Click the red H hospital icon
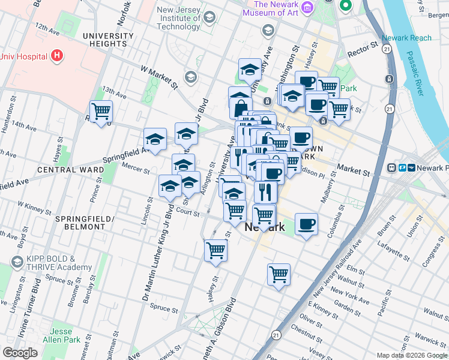pos(57,56)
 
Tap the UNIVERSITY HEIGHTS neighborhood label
pos(108,40)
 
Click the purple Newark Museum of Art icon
pos(308,7)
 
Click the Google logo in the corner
pos(20,352)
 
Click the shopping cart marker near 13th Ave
pos(101,112)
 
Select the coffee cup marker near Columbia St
pos(306,224)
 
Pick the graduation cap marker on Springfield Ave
pos(155,140)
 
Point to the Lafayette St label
pos(394,248)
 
